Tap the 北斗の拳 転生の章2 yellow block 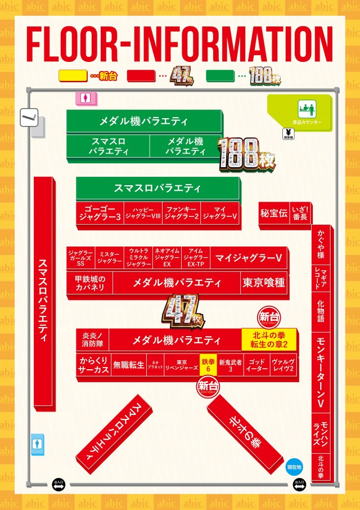269,340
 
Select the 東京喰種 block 263,283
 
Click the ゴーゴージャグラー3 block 99,212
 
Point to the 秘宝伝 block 273,213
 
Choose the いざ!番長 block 299,213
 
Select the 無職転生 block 128,365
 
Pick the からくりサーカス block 93,365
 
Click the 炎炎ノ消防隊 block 92,339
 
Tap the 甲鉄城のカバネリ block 90,283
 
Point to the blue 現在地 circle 294,467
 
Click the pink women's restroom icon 85,97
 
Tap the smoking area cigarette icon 28,118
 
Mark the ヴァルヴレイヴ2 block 283,365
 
